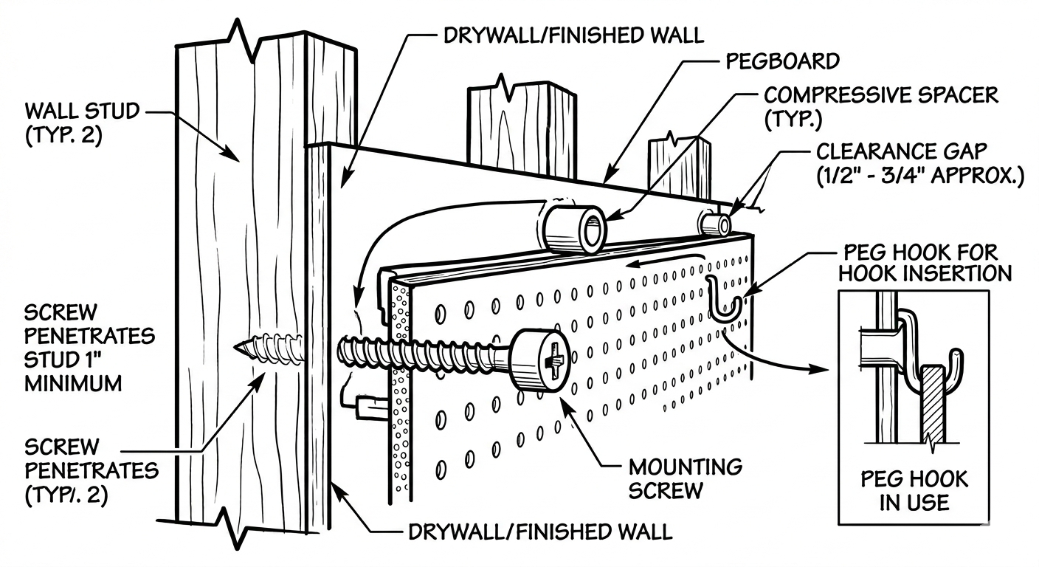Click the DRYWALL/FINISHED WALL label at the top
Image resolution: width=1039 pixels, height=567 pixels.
click(572, 35)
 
